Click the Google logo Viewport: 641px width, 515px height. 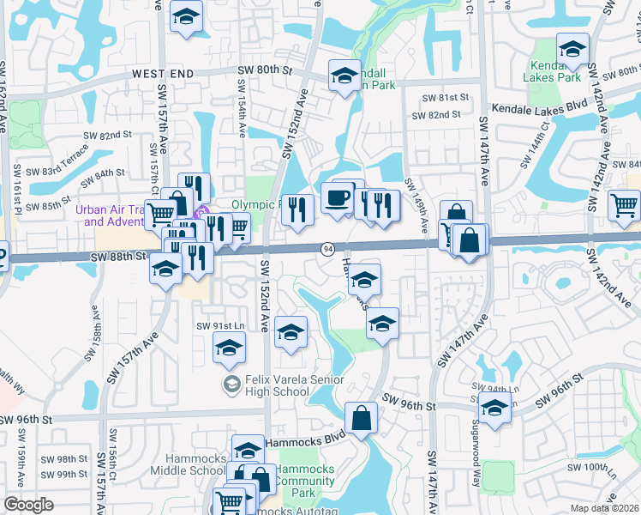(28, 505)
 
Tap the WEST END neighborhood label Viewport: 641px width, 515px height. (164, 76)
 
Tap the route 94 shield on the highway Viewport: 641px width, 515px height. (327, 249)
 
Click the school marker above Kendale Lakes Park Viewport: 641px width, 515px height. (572, 48)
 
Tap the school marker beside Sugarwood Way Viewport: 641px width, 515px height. (494, 409)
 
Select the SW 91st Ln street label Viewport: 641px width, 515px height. (221, 325)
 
